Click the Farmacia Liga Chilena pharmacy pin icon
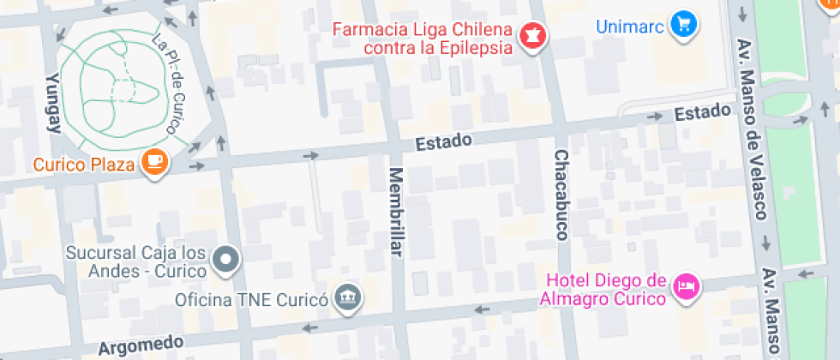pyautogui.click(x=532, y=37)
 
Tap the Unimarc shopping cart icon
pyautogui.click(x=683, y=25)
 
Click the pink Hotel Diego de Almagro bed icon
pyautogui.click(x=686, y=286)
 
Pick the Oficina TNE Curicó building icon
pyautogui.click(x=349, y=299)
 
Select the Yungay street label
pyautogui.click(x=53, y=102)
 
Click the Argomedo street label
pyautogui.click(x=141, y=346)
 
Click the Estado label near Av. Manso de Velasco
pyautogui.click(x=702, y=112)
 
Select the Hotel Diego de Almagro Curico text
pyautogui.click(x=605, y=290)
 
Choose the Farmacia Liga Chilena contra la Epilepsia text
pyautogui.click(x=423, y=39)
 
